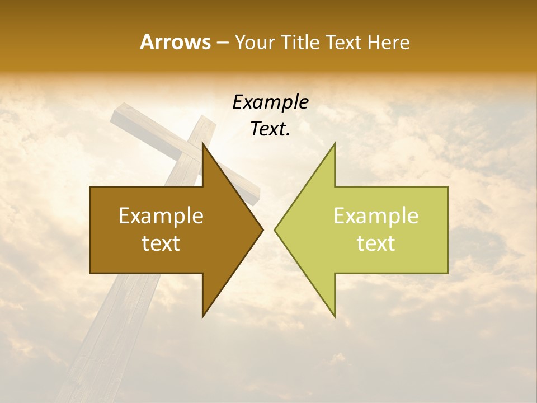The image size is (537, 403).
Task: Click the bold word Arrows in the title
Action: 175,42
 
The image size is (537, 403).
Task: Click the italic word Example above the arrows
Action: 270,102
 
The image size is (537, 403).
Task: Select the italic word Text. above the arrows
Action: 270,129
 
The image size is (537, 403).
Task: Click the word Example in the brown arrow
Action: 161,216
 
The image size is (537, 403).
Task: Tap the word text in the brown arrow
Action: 161,243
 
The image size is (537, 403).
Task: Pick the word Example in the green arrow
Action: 376,216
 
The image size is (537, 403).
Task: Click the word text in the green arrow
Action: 376,243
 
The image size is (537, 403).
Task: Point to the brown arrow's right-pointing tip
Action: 263,230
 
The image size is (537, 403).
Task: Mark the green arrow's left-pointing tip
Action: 275,230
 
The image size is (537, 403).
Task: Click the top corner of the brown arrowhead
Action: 202,143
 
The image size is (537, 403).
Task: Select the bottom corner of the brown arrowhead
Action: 202,317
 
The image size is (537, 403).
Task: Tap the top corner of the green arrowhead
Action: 335,143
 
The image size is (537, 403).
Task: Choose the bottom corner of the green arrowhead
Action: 335,317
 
